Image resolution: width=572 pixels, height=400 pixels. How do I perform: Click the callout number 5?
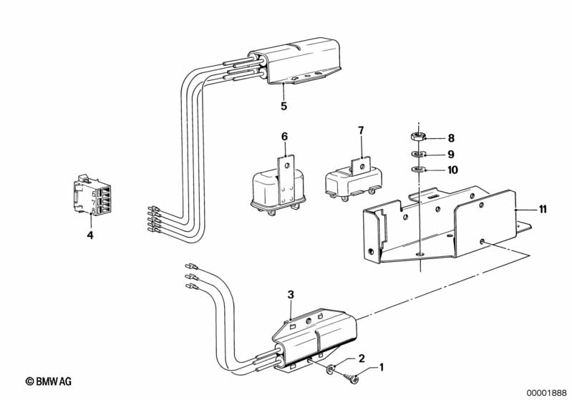(283, 106)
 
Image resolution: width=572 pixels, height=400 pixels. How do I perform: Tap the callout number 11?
(543, 209)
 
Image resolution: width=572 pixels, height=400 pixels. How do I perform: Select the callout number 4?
(90, 235)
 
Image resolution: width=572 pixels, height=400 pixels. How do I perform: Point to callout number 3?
(291, 294)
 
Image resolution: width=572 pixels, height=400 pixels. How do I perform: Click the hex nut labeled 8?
(417, 137)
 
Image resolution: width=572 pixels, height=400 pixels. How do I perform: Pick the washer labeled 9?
(417, 154)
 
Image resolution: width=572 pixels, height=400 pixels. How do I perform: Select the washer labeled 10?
(417, 169)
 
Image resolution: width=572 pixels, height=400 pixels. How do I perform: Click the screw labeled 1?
(350, 378)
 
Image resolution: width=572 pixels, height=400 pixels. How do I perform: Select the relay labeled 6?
(278, 186)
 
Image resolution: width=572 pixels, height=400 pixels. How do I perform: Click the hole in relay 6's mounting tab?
(287, 166)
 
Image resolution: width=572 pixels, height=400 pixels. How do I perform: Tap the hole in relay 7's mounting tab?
(362, 167)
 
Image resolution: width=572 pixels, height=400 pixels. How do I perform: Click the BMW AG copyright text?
(49, 381)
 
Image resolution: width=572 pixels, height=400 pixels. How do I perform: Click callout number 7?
(361, 130)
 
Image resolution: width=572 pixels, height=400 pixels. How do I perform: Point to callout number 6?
(284, 137)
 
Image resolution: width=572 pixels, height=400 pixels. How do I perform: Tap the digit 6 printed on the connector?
(94, 194)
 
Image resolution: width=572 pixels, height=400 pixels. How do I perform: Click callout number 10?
(452, 170)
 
